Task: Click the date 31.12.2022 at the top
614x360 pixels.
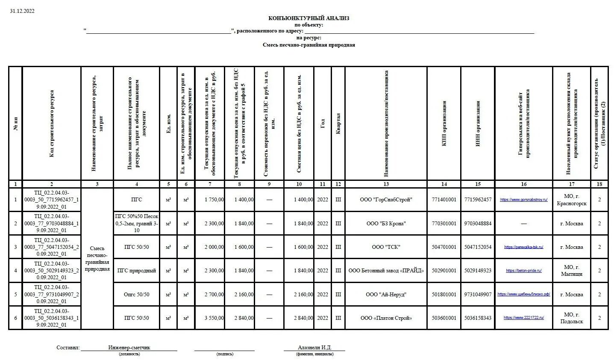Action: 22,11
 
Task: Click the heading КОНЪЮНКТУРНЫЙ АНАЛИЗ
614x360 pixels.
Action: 308,18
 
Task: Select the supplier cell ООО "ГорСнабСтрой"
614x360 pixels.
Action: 386,200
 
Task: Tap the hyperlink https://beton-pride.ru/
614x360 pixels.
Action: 523,271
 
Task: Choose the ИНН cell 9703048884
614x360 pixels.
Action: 478,224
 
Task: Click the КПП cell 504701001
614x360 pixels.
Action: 444,247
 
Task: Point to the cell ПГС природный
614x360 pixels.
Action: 136,271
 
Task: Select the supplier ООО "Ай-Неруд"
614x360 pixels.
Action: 386,295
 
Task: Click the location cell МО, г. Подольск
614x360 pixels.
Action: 571,318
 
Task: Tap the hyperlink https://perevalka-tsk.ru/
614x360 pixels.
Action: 523,247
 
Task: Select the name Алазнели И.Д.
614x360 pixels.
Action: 314,348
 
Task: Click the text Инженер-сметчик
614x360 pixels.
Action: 129,348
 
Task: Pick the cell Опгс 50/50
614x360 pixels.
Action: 136,295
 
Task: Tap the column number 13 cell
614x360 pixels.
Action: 386,184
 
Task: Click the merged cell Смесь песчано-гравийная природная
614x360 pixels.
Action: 97,259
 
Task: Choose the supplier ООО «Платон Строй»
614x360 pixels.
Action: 386,318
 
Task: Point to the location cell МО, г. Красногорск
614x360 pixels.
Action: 571,200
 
